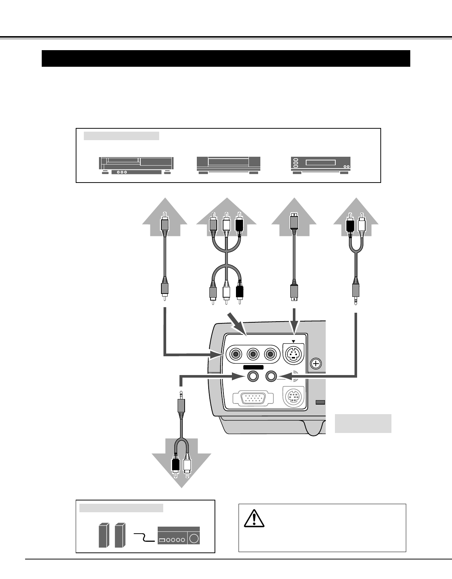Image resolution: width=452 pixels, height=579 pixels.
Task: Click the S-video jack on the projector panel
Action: click(293, 355)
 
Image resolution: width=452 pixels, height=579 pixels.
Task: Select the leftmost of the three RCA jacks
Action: click(235, 355)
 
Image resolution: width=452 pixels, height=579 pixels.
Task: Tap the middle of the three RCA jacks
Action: click(253, 355)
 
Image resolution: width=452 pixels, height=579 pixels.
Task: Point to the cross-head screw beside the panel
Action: click(316, 364)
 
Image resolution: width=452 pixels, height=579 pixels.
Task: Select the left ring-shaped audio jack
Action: click(253, 376)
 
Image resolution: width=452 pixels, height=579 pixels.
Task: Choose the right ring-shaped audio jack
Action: click(271, 376)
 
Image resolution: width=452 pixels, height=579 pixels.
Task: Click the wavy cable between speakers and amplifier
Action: click(144, 537)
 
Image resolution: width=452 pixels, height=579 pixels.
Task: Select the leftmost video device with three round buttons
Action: click(136, 165)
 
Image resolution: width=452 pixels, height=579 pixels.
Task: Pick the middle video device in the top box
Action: click(228, 165)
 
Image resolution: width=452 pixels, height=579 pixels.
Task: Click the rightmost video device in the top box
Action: click(321, 165)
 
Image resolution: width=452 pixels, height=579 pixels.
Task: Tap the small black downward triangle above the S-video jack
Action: click(294, 341)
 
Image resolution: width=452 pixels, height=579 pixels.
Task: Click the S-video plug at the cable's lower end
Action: click(294, 292)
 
